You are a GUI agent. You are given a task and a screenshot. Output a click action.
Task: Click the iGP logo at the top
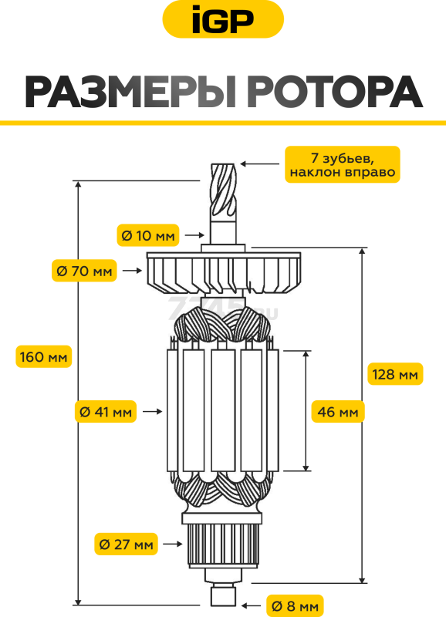[x=223, y=19]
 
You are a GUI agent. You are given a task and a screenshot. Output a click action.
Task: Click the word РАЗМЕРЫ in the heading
[x=130, y=93]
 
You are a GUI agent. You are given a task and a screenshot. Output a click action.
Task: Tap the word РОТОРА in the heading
[x=336, y=93]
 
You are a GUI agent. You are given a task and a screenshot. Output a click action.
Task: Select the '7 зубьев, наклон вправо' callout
[x=342, y=164]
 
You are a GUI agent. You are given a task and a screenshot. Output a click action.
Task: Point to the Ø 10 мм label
[x=148, y=235]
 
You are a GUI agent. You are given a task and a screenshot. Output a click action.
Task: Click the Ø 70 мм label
[x=84, y=271]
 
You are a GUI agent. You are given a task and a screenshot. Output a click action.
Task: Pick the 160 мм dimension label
[x=44, y=356]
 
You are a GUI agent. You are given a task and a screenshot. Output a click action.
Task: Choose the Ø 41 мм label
[x=106, y=412]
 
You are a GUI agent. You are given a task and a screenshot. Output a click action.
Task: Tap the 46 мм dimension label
[x=338, y=412]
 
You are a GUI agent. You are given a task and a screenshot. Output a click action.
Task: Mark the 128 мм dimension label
[x=395, y=374]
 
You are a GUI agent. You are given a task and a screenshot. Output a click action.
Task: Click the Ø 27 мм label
[x=126, y=545]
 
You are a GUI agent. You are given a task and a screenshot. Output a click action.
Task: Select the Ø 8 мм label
[x=295, y=606]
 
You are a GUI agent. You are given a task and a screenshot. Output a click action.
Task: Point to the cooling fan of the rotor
[x=224, y=273]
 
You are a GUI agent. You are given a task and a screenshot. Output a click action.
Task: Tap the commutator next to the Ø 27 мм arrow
[x=223, y=545]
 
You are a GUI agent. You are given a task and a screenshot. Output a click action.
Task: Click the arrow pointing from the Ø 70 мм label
[x=132, y=271]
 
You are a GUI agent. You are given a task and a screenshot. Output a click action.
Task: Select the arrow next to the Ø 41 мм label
[x=152, y=412]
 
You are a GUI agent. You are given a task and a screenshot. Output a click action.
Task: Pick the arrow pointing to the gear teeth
[x=260, y=164]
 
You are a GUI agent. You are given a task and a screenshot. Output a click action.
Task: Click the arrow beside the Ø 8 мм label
[x=251, y=605]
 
